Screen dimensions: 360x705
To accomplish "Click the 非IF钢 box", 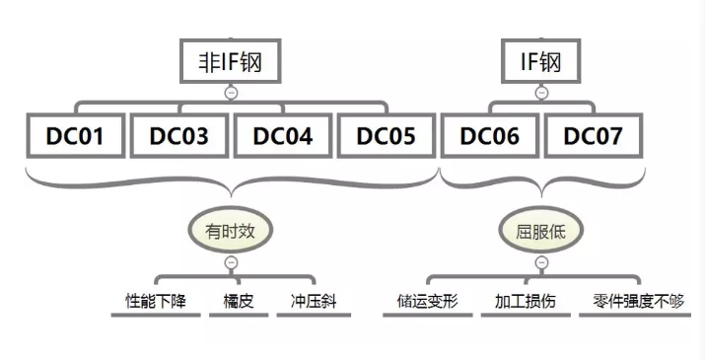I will (x=231, y=62).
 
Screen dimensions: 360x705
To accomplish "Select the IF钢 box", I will (x=541, y=62).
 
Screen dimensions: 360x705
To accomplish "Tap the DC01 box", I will (x=75, y=136).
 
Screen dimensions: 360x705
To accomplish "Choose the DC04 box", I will (x=282, y=136).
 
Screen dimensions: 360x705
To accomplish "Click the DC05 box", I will (x=386, y=136).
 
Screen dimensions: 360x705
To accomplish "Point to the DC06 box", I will (x=489, y=136).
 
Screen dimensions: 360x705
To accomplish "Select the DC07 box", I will (x=593, y=136).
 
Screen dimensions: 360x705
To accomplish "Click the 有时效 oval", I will (x=231, y=232).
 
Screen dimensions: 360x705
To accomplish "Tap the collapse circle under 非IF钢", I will (x=231, y=93).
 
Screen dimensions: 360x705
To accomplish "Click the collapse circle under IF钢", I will (x=541, y=93).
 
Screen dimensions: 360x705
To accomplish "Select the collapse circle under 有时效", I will (x=231, y=263).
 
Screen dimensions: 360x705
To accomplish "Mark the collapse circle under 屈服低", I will (x=541, y=263).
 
